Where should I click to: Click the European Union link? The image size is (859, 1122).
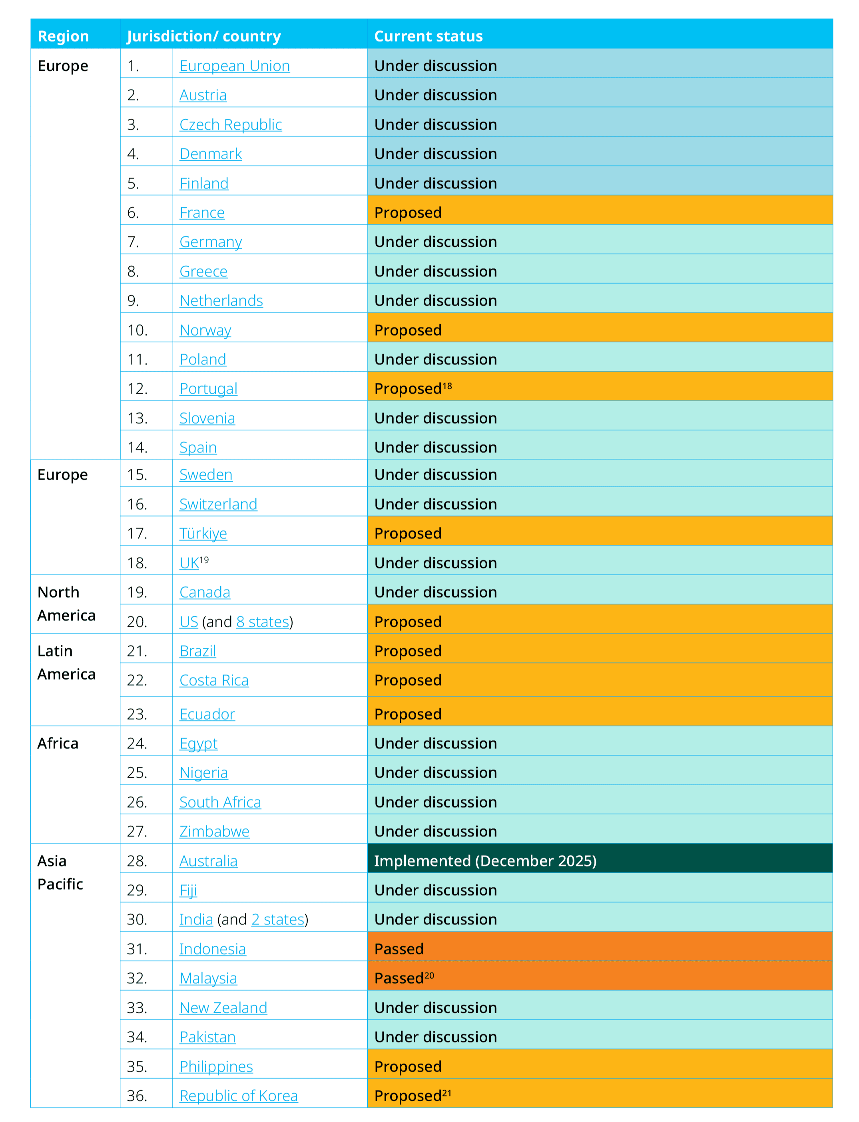coord(234,66)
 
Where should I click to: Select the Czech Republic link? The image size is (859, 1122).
coord(230,124)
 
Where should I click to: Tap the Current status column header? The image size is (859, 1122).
coord(428,36)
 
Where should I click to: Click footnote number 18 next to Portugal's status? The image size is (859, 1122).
coord(447,386)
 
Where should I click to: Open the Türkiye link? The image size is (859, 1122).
coord(203,533)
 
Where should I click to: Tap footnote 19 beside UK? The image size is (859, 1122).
coord(204,560)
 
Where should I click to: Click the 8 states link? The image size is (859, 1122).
coord(263,622)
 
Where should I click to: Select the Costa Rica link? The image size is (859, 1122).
coord(214,680)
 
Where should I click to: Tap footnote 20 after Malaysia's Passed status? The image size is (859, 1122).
coord(429,975)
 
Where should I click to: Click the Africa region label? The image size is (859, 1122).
coord(58,743)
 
